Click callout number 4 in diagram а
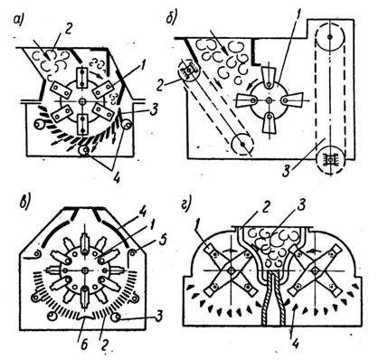(117, 178)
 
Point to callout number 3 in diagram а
(153, 111)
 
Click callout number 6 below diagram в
(84, 345)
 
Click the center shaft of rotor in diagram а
(82, 100)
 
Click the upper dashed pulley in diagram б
(330, 36)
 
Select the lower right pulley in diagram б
(330, 157)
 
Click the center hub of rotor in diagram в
(85, 270)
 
